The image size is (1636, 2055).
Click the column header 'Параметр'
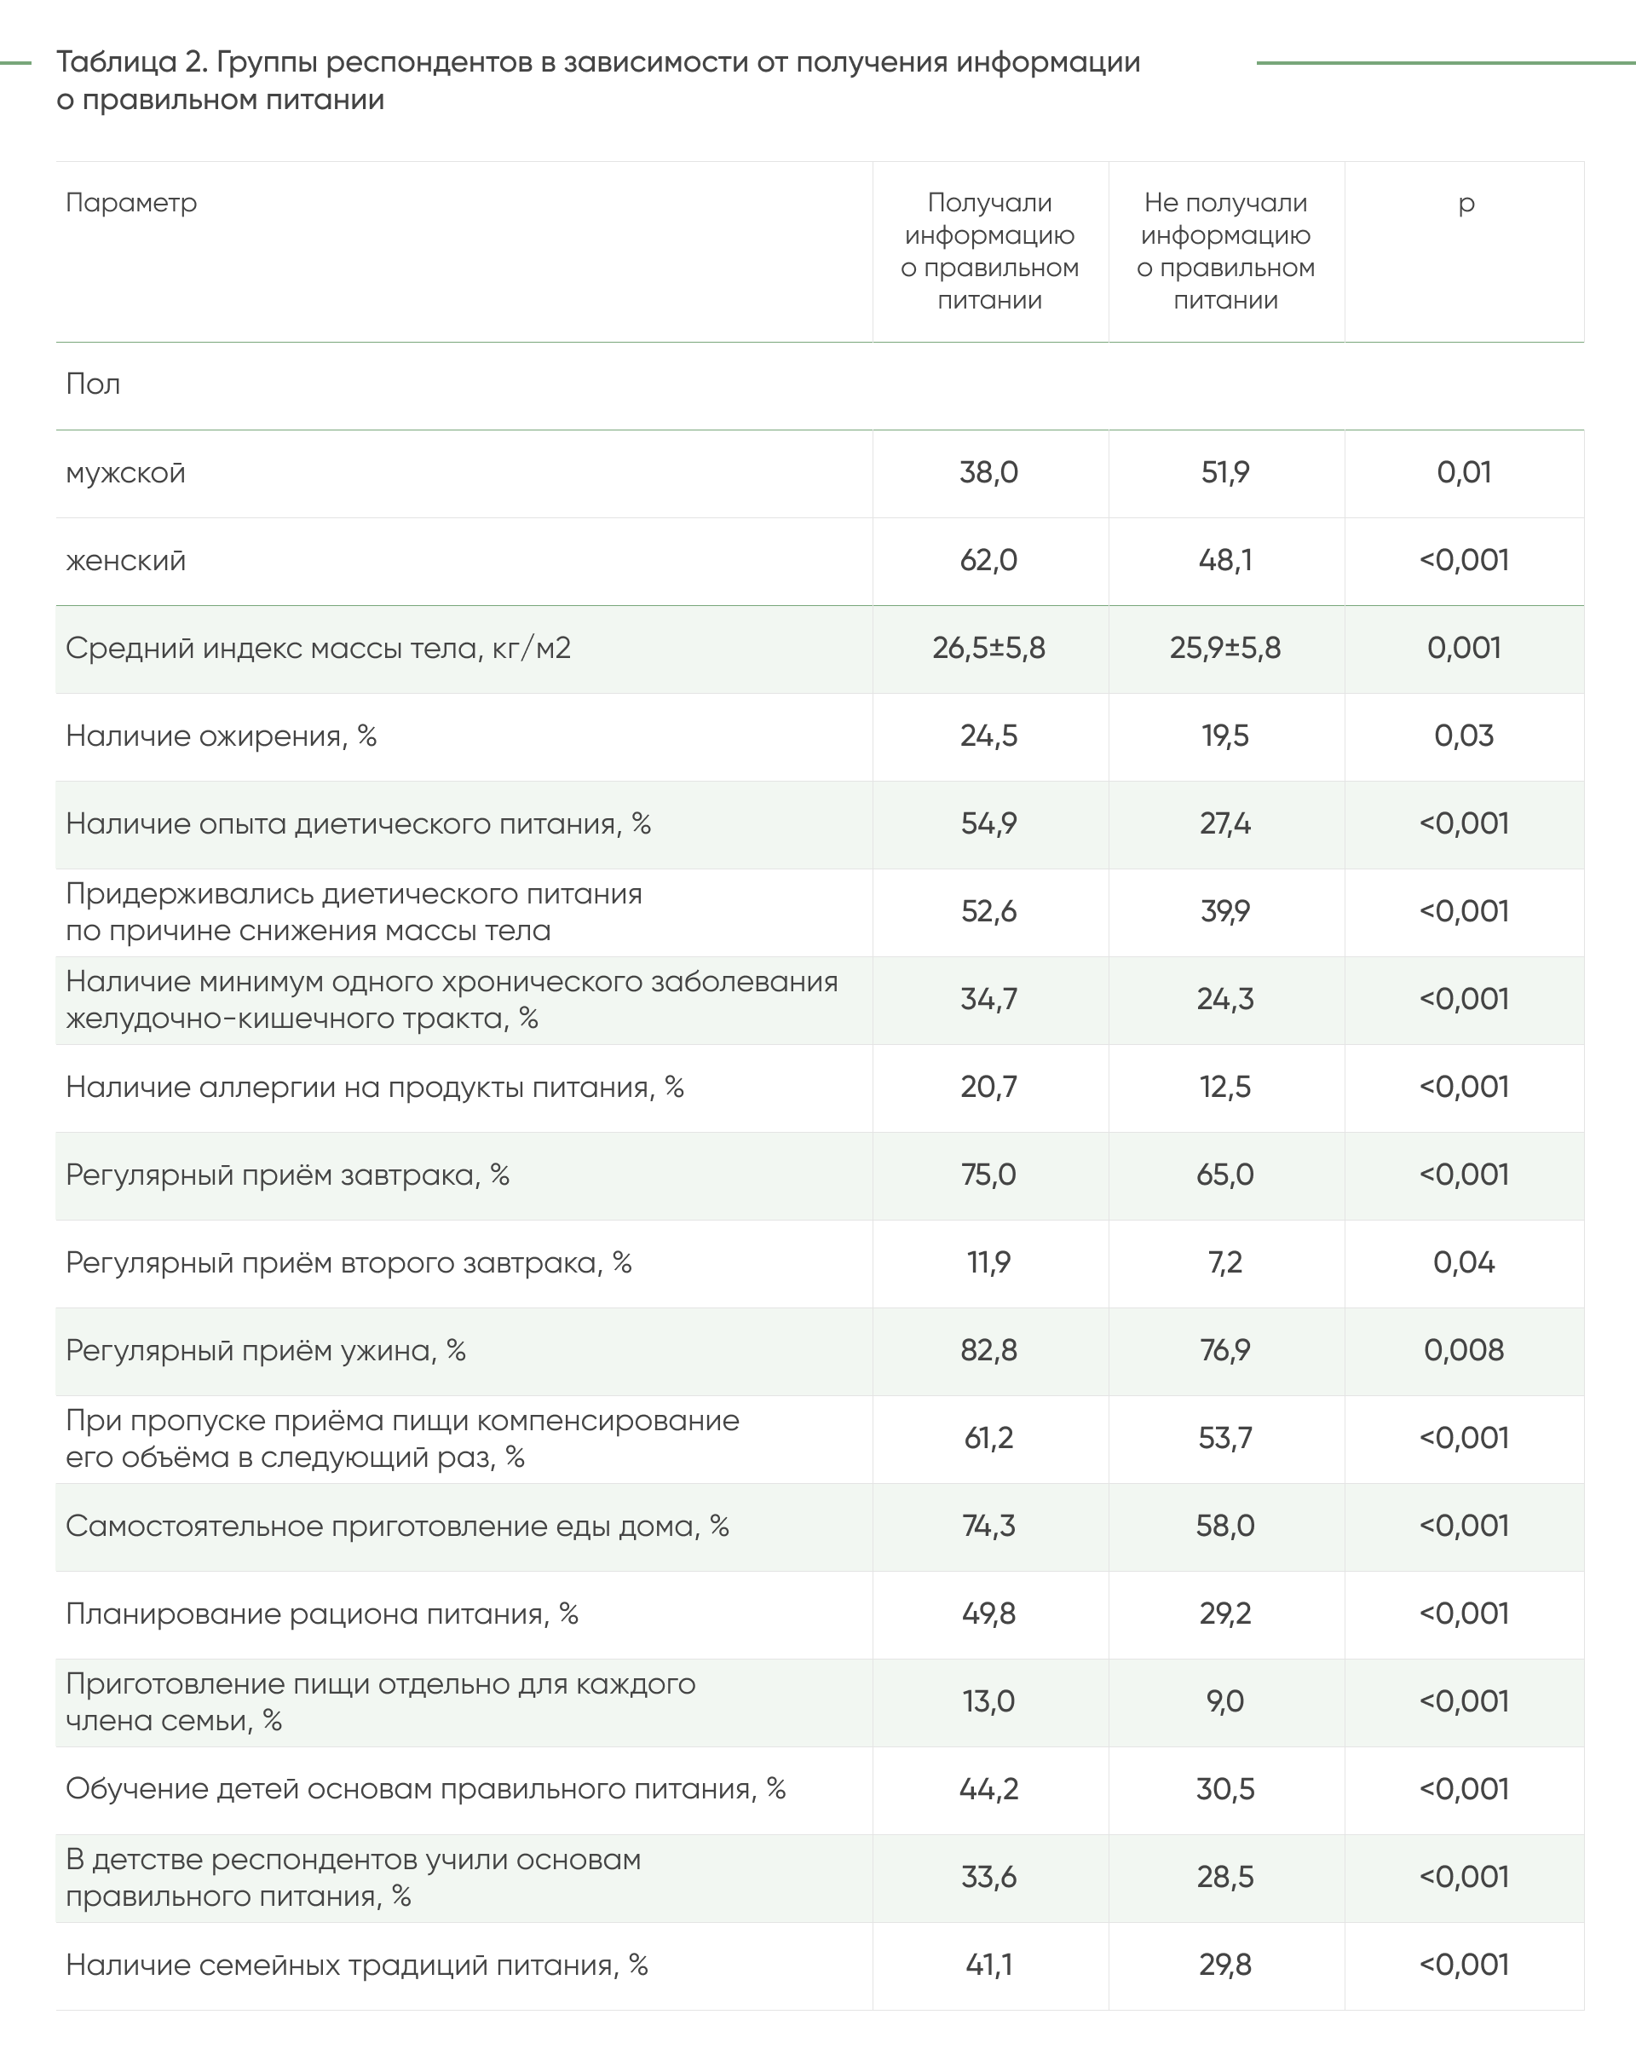(x=131, y=203)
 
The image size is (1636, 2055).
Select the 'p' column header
(x=1466, y=203)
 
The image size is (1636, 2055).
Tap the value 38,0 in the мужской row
(x=989, y=473)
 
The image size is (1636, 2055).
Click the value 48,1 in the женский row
(x=1225, y=561)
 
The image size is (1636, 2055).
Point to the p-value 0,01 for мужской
(x=1464, y=473)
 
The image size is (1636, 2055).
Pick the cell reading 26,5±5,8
(x=989, y=648)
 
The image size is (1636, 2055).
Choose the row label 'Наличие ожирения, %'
(x=221, y=736)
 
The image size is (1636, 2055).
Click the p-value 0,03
(x=1464, y=736)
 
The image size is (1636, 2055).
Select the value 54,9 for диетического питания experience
(x=989, y=823)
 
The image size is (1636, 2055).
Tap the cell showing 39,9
(x=1225, y=911)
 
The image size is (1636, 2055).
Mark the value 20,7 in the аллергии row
(x=989, y=1087)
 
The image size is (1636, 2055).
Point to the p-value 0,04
(x=1464, y=1263)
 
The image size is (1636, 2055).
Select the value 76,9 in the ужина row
(x=1225, y=1351)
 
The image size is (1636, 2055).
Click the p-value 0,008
(x=1464, y=1351)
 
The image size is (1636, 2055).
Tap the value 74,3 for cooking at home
(x=989, y=1526)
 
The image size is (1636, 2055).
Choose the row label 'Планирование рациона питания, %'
(x=322, y=1613)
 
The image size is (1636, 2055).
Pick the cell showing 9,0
(x=1225, y=1701)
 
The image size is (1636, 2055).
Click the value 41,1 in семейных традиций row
(x=989, y=1965)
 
